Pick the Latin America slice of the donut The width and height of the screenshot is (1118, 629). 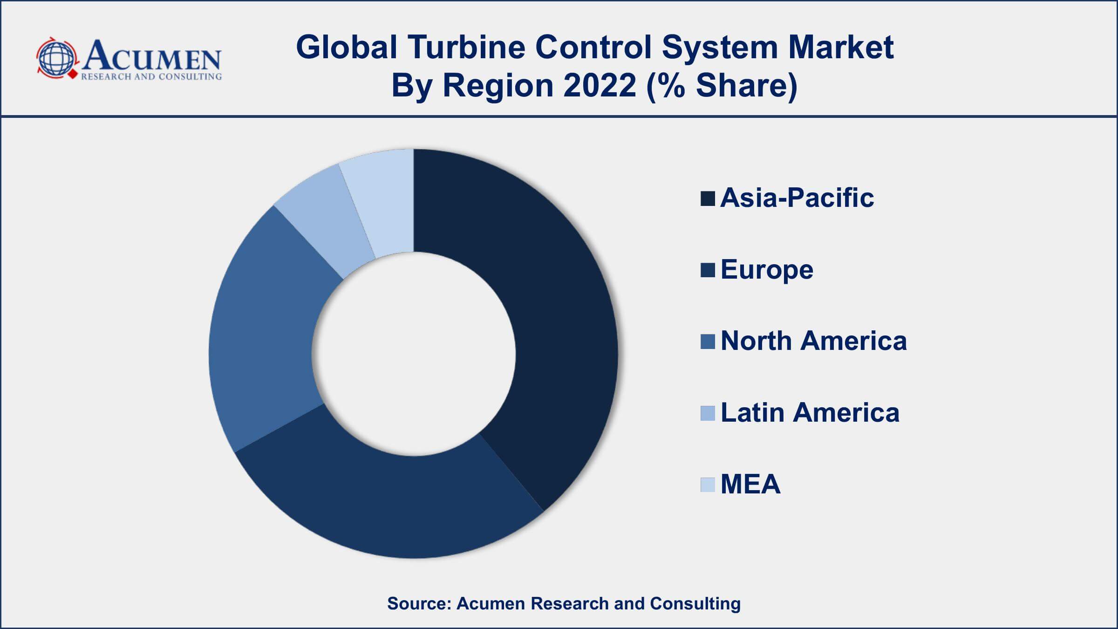point(326,219)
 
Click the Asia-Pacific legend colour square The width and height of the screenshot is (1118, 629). point(708,198)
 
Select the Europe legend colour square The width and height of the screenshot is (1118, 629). point(708,270)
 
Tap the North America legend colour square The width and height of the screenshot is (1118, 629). point(708,342)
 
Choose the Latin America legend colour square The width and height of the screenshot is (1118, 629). point(708,413)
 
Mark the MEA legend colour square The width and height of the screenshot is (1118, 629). point(708,485)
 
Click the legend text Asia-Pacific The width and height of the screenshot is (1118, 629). point(797,198)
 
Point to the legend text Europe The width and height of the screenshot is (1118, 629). point(767,270)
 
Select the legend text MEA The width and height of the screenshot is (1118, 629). point(750,484)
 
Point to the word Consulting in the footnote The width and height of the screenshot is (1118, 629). point(695,603)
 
